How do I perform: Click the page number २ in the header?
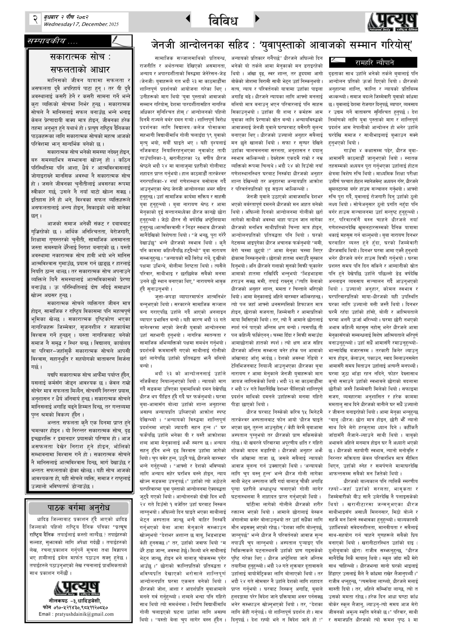35,19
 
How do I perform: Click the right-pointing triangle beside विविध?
257,19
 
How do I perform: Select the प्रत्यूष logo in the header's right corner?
393,22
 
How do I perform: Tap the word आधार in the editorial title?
98,69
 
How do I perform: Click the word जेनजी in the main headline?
164,45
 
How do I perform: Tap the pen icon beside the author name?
338,60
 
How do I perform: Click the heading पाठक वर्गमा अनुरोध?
79,508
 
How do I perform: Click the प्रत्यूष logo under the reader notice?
77,585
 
